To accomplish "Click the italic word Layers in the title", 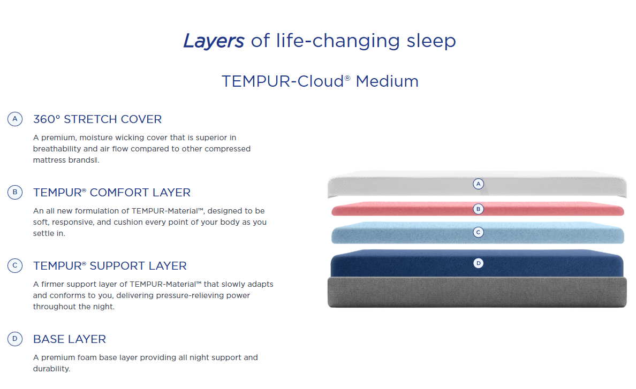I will (214, 41).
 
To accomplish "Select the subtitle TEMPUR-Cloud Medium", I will (320, 81).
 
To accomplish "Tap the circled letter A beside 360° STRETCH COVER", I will (15, 119).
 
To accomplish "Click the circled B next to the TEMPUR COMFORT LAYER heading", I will (15, 192).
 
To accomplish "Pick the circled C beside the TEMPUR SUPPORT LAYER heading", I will (15, 265).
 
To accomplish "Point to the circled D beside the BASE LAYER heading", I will (15, 339).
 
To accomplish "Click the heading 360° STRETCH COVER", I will (97, 119).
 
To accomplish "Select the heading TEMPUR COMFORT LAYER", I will (111, 192).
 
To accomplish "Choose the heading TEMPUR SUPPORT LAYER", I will (110, 265).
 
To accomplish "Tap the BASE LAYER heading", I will (70, 339).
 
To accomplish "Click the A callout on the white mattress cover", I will (479, 184).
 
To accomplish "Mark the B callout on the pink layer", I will (479, 209).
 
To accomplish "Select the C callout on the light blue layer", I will (479, 232).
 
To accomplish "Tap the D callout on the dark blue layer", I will (479, 263).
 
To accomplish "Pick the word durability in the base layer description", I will (51, 369).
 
